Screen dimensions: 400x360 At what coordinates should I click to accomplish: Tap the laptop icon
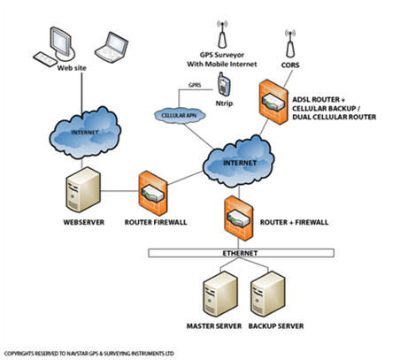[112, 47]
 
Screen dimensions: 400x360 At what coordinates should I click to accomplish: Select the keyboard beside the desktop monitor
[45, 59]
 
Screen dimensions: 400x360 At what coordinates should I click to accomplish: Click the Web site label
[72, 68]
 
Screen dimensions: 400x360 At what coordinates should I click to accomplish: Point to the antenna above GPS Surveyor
[222, 34]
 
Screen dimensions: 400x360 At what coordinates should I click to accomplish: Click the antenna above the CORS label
[290, 43]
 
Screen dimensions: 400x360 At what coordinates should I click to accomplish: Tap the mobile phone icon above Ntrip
[224, 84]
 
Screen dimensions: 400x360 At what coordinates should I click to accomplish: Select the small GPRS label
[195, 85]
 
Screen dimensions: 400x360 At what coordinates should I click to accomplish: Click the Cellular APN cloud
[180, 115]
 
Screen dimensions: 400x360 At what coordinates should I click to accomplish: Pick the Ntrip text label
[224, 103]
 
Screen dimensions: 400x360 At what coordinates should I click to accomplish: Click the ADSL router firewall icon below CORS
[273, 102]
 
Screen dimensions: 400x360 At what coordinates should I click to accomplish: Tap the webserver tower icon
[83, 189]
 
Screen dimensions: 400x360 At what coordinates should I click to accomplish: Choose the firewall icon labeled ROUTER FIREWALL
[153, 194]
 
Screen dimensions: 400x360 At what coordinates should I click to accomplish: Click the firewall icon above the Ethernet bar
[239, 218]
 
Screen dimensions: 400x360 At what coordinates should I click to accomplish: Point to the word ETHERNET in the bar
[240, 253]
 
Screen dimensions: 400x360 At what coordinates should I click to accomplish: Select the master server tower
[220, 294]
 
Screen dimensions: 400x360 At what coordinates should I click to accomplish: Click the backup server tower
[267, 294]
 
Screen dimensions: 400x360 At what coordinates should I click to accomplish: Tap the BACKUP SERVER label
[276, 326]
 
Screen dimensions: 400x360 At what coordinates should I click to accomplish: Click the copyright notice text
[88, 354]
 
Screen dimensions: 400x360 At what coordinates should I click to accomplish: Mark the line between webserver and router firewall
[119, 191]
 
